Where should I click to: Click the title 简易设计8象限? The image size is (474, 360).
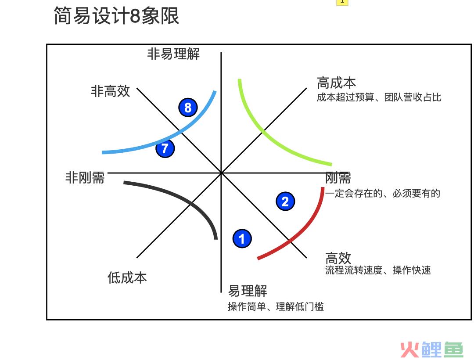click(x=116, y=16)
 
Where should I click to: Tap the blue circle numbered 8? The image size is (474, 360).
click(x=188, y=107)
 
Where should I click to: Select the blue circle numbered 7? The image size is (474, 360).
click(x=165, y=148)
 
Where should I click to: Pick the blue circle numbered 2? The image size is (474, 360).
click(x=285, y=202)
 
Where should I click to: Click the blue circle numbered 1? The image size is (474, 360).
click(x=242, y=238)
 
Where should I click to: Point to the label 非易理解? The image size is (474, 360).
click(x=173, y=54)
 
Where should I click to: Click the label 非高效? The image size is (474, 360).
click(x=110, y=91)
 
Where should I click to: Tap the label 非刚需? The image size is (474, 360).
click(x=85, y=177)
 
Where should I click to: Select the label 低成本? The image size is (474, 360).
click(x=127, y=277)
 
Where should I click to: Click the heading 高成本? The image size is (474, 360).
click(x=337, y=83)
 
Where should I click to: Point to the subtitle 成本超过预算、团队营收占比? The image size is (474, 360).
click(x=379, y=97)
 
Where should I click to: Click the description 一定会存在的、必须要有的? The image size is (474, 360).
click(x=383, y=193)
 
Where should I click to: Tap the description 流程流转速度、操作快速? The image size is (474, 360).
click(x=378, y=270)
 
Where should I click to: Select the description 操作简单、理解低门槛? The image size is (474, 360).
click(x=276, y=306)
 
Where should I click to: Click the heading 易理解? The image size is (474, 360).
click(x=248, y=291)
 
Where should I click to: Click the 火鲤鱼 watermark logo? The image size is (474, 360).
click(x=432, y=350)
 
